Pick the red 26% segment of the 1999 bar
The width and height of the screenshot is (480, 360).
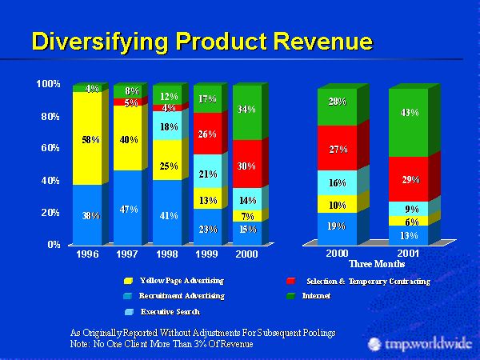[x=207, y=134]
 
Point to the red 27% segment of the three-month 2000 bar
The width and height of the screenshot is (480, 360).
[x=336, y=148]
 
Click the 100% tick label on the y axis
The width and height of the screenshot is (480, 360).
[x=49, y=84]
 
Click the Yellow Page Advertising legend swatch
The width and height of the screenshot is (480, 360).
[x=128, y=282]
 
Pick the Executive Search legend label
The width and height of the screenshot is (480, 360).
[x=170, y=310]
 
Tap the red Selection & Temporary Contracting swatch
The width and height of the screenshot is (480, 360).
[x=290, y=282]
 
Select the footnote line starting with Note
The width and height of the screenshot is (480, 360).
[x=162, y=343]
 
